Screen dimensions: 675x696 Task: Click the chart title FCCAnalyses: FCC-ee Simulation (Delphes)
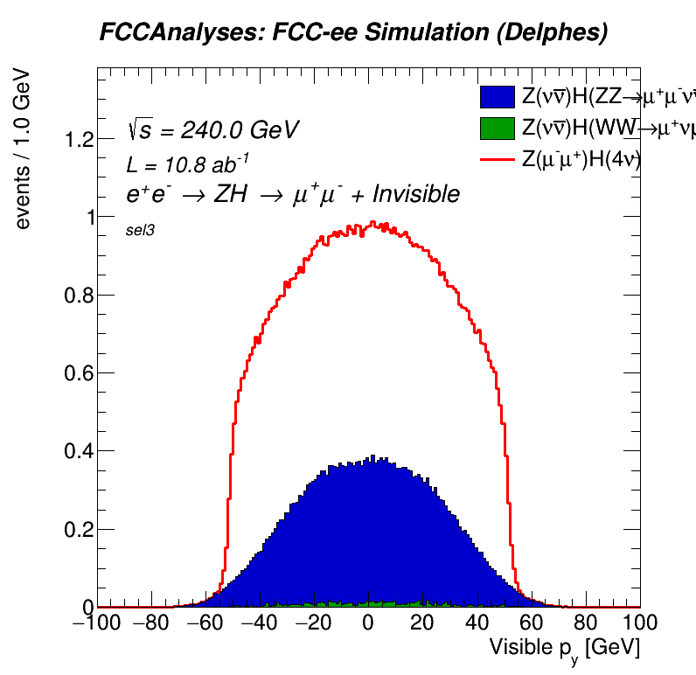[x=352, y=33]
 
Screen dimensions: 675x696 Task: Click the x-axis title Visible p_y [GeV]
[x=565, y=648]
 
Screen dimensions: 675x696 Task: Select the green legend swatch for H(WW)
[x=497, y=128]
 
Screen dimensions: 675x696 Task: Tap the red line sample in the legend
[x=497, y=159]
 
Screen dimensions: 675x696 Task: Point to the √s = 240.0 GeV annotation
[x=212, y=130]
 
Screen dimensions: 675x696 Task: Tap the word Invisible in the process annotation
[x=416, y=194]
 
